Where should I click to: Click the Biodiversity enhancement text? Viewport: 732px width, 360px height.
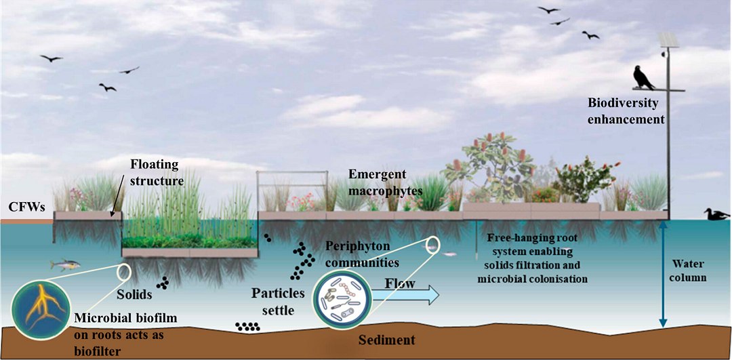(626, 111)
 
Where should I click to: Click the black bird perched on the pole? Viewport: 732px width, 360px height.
(643, 78)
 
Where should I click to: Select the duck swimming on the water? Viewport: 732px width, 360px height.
(715, 214)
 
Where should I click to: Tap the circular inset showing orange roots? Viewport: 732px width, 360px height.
(41, 306)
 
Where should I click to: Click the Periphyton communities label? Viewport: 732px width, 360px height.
(361, 252)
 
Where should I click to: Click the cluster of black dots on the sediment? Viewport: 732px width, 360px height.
(247, 326)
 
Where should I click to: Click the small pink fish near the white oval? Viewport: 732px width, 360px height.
(449, 254)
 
